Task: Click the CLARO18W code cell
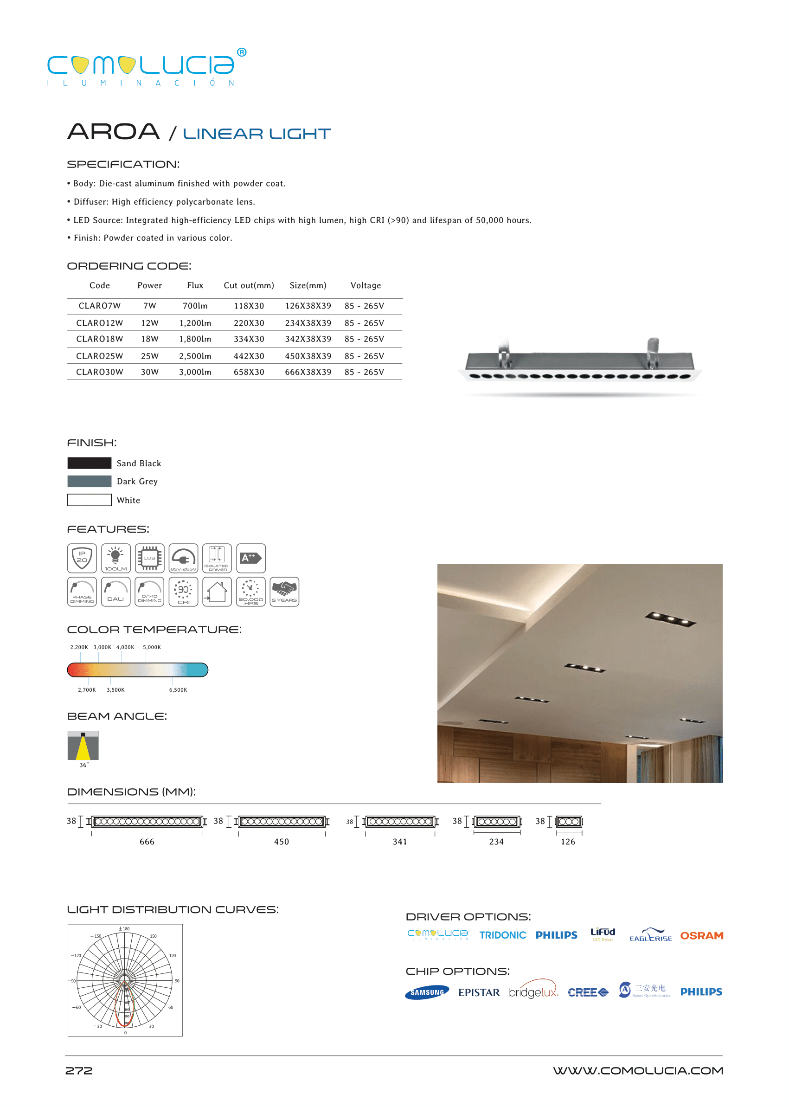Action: tap(100, 339)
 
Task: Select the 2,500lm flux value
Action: tap(195, 356)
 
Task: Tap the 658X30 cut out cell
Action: tap(249, 372)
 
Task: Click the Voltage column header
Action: tap(366, 286)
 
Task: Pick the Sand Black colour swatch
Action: tap(90, 463)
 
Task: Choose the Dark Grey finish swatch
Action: tap(90, 482)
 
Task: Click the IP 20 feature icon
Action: tap(82, 558)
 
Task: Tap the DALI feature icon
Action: tap(115, 592)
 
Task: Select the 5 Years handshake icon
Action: tap(284, 592)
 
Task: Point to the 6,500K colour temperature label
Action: tap(178, 690)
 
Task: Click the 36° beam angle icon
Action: tap(83, 746)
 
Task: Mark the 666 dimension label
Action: tap(147, 842)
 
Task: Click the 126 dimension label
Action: tap(568, 842)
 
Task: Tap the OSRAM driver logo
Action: tap(701, 936)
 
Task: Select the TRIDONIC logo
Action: tap(502, 935)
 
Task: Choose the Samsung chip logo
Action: tap(427, 992)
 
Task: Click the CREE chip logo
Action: tap(588, 992)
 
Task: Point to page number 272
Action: tap(79, 1071)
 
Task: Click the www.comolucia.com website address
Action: tap(638, 1071)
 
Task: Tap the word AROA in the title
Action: tap(113, 132)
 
